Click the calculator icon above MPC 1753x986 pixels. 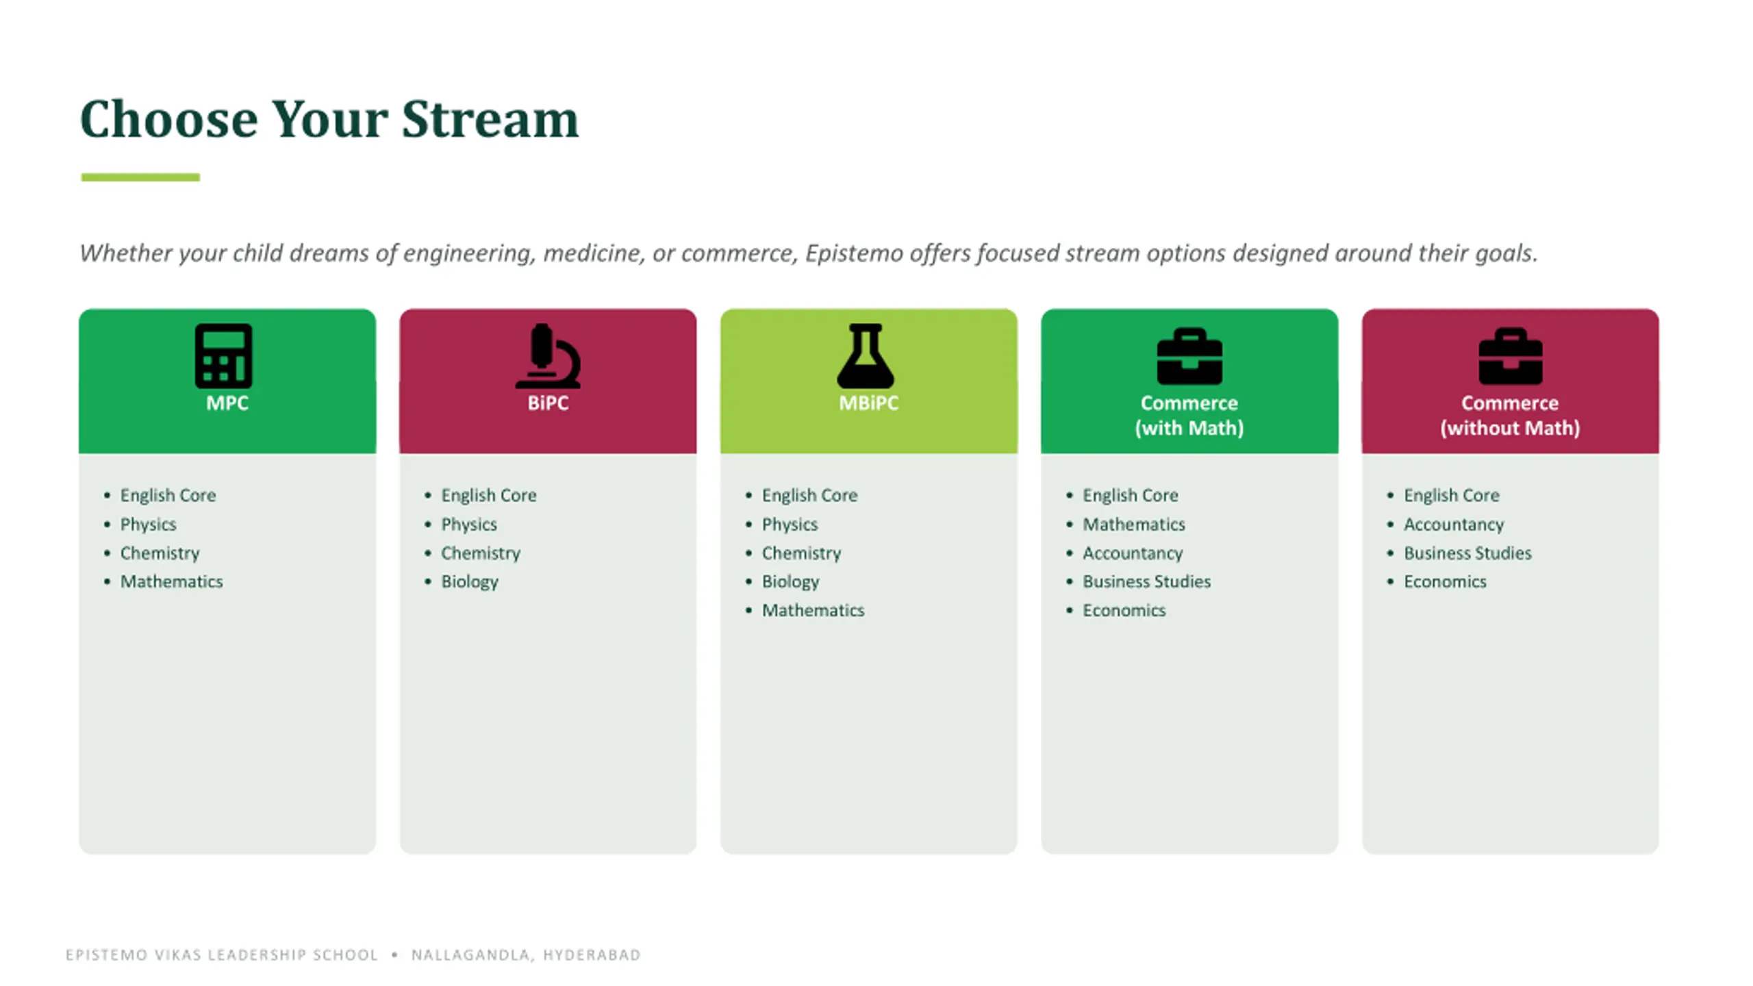[223, 356]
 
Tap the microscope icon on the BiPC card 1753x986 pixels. [548, 356]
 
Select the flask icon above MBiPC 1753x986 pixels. [866, 356]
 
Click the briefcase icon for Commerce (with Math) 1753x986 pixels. [1189, 357]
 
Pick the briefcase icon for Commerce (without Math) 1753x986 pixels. [1510, 357]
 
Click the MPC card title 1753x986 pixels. [227, 403]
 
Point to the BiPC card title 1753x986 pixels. [548, 403]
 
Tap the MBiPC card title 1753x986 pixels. [868, 403]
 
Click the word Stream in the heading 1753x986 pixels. [490, 119]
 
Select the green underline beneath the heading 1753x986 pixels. [140, 177]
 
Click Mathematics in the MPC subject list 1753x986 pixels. [172, 581]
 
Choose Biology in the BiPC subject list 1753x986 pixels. [470, 582]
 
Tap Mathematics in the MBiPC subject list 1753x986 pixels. [814, 610]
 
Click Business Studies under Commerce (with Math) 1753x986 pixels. [1147, 581]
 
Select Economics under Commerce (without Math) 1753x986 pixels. [1445, 581]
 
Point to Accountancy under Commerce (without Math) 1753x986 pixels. [1454, 524]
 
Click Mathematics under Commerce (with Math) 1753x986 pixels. [1134, 524]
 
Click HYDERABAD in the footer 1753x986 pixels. [592, 955]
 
